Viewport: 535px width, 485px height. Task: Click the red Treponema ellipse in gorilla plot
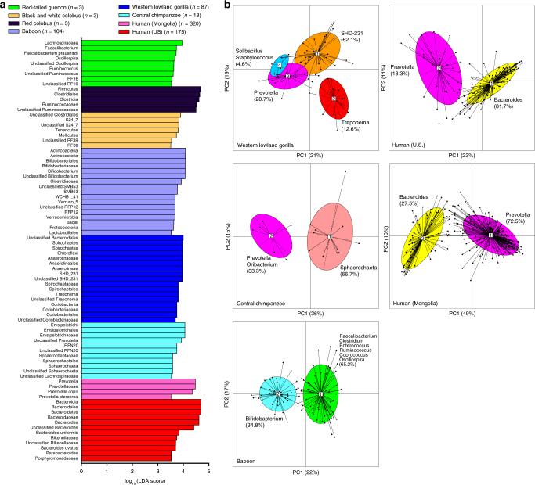pos(334,98)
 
